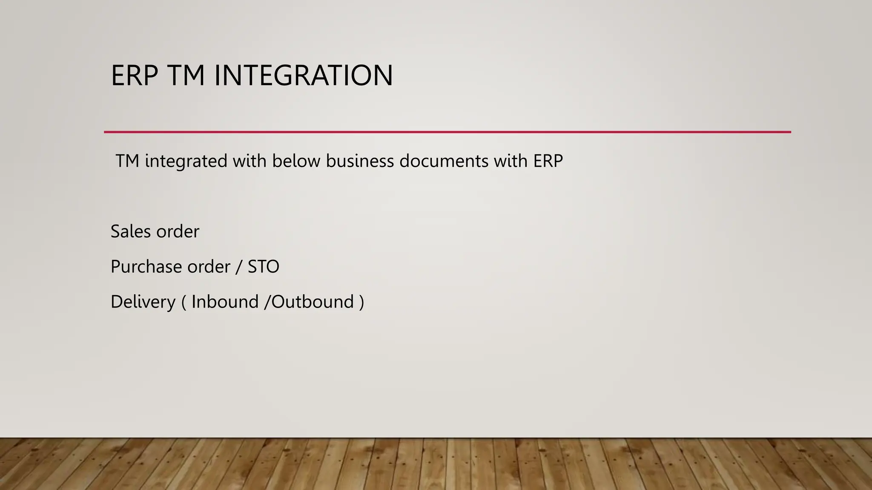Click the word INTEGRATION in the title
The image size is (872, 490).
tap(303, 76)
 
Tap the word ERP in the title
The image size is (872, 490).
tap(134, 76)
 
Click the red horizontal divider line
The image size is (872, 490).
tap(447, 132)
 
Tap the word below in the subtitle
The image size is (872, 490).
tap(291, 161)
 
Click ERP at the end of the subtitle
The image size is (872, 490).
tap(548, 161)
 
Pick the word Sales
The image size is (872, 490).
tap(131, 231)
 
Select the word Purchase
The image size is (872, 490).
tap(146, 267)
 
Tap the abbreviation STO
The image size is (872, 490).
tap(263, 267)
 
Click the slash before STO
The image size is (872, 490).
tap(239, 267)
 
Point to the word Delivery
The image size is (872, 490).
tap(143, 302)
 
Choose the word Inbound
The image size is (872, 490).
tap(225, 302)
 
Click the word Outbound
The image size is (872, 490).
tap(313, 302)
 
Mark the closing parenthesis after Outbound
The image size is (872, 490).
tap(361, 302)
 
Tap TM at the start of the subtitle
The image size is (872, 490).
tap(127, 161)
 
